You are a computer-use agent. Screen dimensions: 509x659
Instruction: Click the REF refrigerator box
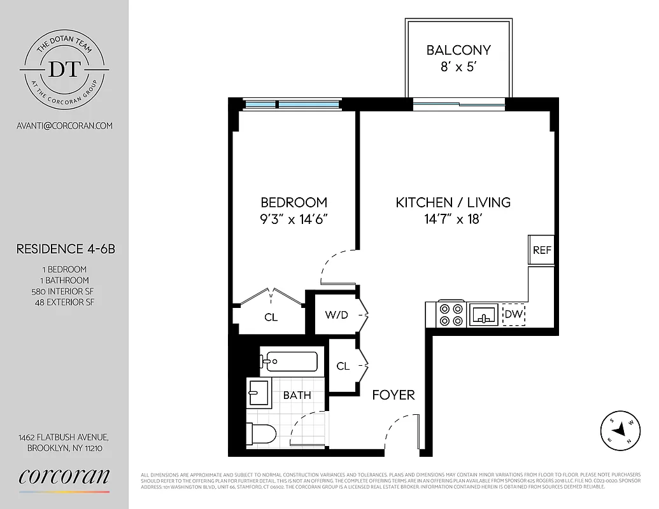click(542, 250)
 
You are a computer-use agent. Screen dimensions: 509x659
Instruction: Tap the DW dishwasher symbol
click(513, 314)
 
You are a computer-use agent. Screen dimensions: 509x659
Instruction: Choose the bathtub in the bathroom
click(290, 362)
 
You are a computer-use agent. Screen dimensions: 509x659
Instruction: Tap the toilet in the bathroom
click(262, 435)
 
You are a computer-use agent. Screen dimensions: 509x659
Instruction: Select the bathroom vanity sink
click(259, 393)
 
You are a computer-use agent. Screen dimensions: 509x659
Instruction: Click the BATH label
click(297, 395)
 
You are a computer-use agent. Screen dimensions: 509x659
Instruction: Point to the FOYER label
click(393, 395)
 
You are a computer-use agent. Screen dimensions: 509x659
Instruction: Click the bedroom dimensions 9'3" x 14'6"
click(294, 219)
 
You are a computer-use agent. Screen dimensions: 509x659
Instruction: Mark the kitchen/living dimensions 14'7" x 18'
click(453, 219)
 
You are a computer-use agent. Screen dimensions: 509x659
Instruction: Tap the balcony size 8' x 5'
click(458, 66)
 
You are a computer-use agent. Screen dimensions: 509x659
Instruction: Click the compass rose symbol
click(620, 431)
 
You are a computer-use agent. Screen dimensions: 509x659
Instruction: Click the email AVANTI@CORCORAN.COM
click(64, 125)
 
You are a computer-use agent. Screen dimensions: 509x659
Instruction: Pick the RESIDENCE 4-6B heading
click(66, 249)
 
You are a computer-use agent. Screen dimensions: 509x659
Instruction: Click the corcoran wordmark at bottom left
click(64, 477)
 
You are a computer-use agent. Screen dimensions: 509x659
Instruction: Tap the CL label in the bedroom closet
click(271, 317)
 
